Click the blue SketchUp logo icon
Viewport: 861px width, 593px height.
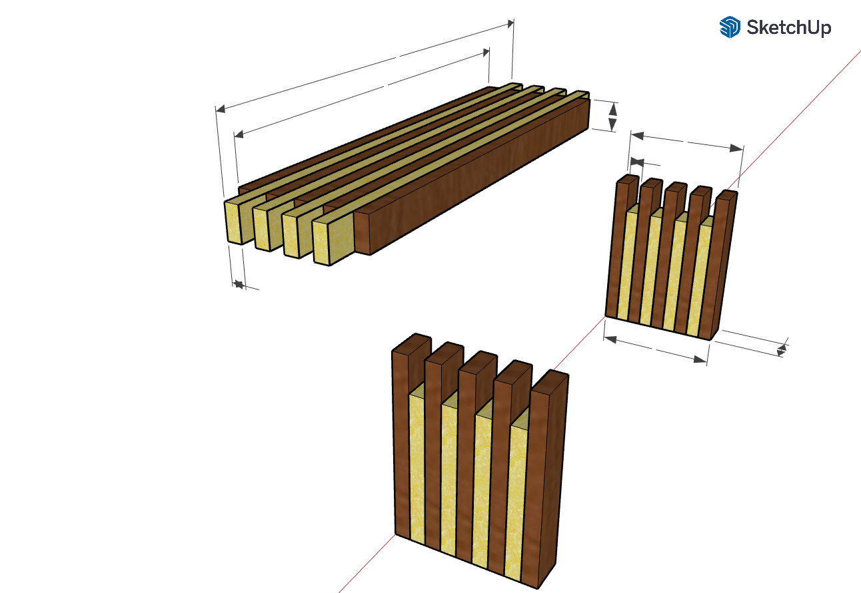pyautogui.click(x=730, y=27)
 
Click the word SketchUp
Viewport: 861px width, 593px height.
pyautogui.click(x=788, y=28)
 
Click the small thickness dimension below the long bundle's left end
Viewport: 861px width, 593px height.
pyautogui.click(x=238, y=285)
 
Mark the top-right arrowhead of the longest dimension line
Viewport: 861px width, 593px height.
pyautogui.click(x=510, y=23)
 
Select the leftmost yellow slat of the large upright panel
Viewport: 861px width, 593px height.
pyautogui.click(x=417, y=466)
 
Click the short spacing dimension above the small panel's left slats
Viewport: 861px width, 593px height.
pyautogui.click(x=637, y=161)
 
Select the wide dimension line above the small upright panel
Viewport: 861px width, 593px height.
pyautogui.click(x=686, y=141)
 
